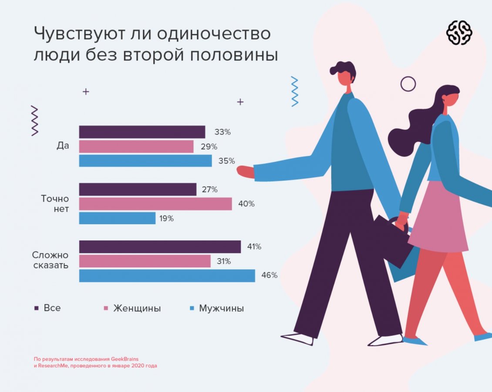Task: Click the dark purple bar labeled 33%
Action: click(x=142, y=132)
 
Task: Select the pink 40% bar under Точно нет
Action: click(x=155, y=204)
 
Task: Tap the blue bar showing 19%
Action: click(x=117, y=218)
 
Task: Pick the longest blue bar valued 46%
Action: click(x=167, y=276)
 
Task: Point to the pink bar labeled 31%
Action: click(x=145, y=261)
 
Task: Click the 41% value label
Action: click(x=254, y=247)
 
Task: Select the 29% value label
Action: click(x=209, y=147)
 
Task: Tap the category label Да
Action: click(x=63, y=146)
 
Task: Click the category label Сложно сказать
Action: click(x=51, y=260)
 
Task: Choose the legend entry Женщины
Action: click(x=137, y=308)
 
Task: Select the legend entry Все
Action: click(x=52, y=308)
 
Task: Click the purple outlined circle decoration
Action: click(x=408, y=84)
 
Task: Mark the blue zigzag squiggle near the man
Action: click(x=295, y=91)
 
